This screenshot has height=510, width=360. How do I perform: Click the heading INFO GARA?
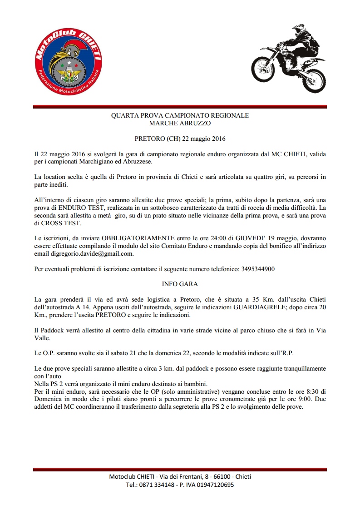(x=180, y=284)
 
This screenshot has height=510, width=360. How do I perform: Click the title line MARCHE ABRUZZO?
(x=180, y=123)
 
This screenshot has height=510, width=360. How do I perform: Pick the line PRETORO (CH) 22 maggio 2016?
(x=180, y=138)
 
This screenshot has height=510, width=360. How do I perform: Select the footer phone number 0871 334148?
(x=153, y=485)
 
